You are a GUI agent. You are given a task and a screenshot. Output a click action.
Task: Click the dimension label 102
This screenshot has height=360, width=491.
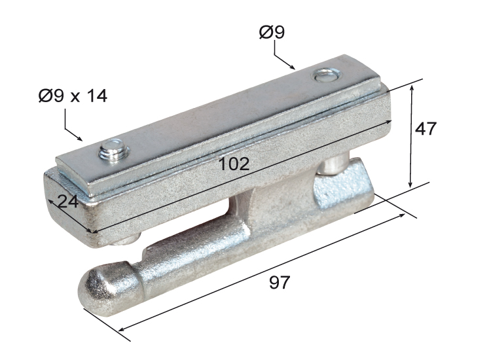coord(234,164)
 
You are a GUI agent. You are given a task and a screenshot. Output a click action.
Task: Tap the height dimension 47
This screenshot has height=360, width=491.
coord(426,128)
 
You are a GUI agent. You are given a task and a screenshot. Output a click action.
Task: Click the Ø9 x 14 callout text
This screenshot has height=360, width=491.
coord(72,96)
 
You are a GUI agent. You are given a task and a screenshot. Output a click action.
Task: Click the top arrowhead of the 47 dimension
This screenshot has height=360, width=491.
coord(412,86)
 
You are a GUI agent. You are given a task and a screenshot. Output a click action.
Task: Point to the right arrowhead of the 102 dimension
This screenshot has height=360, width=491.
coord(390,121)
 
